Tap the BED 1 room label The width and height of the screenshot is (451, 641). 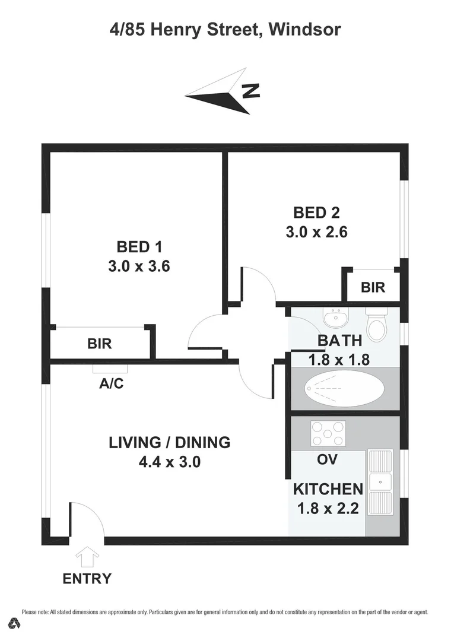point(139,246)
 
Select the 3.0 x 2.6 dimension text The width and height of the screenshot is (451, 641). point(316,231)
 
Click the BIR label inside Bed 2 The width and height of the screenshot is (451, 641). point(373,287)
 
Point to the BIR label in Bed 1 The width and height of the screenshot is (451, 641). point(100,343)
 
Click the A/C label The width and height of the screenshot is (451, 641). point(111,383)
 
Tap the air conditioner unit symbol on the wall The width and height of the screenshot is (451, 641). point(110,369)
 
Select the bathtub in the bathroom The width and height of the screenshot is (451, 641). point(344,389)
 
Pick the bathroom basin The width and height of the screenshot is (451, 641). point(336,319)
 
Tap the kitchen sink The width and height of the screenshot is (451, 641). point(380,481)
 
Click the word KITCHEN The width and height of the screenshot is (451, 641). point(328,489)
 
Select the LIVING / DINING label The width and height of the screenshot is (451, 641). point(170,442)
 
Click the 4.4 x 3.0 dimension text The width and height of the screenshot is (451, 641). point(170,462)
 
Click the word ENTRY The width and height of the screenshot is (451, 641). point(87,579)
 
